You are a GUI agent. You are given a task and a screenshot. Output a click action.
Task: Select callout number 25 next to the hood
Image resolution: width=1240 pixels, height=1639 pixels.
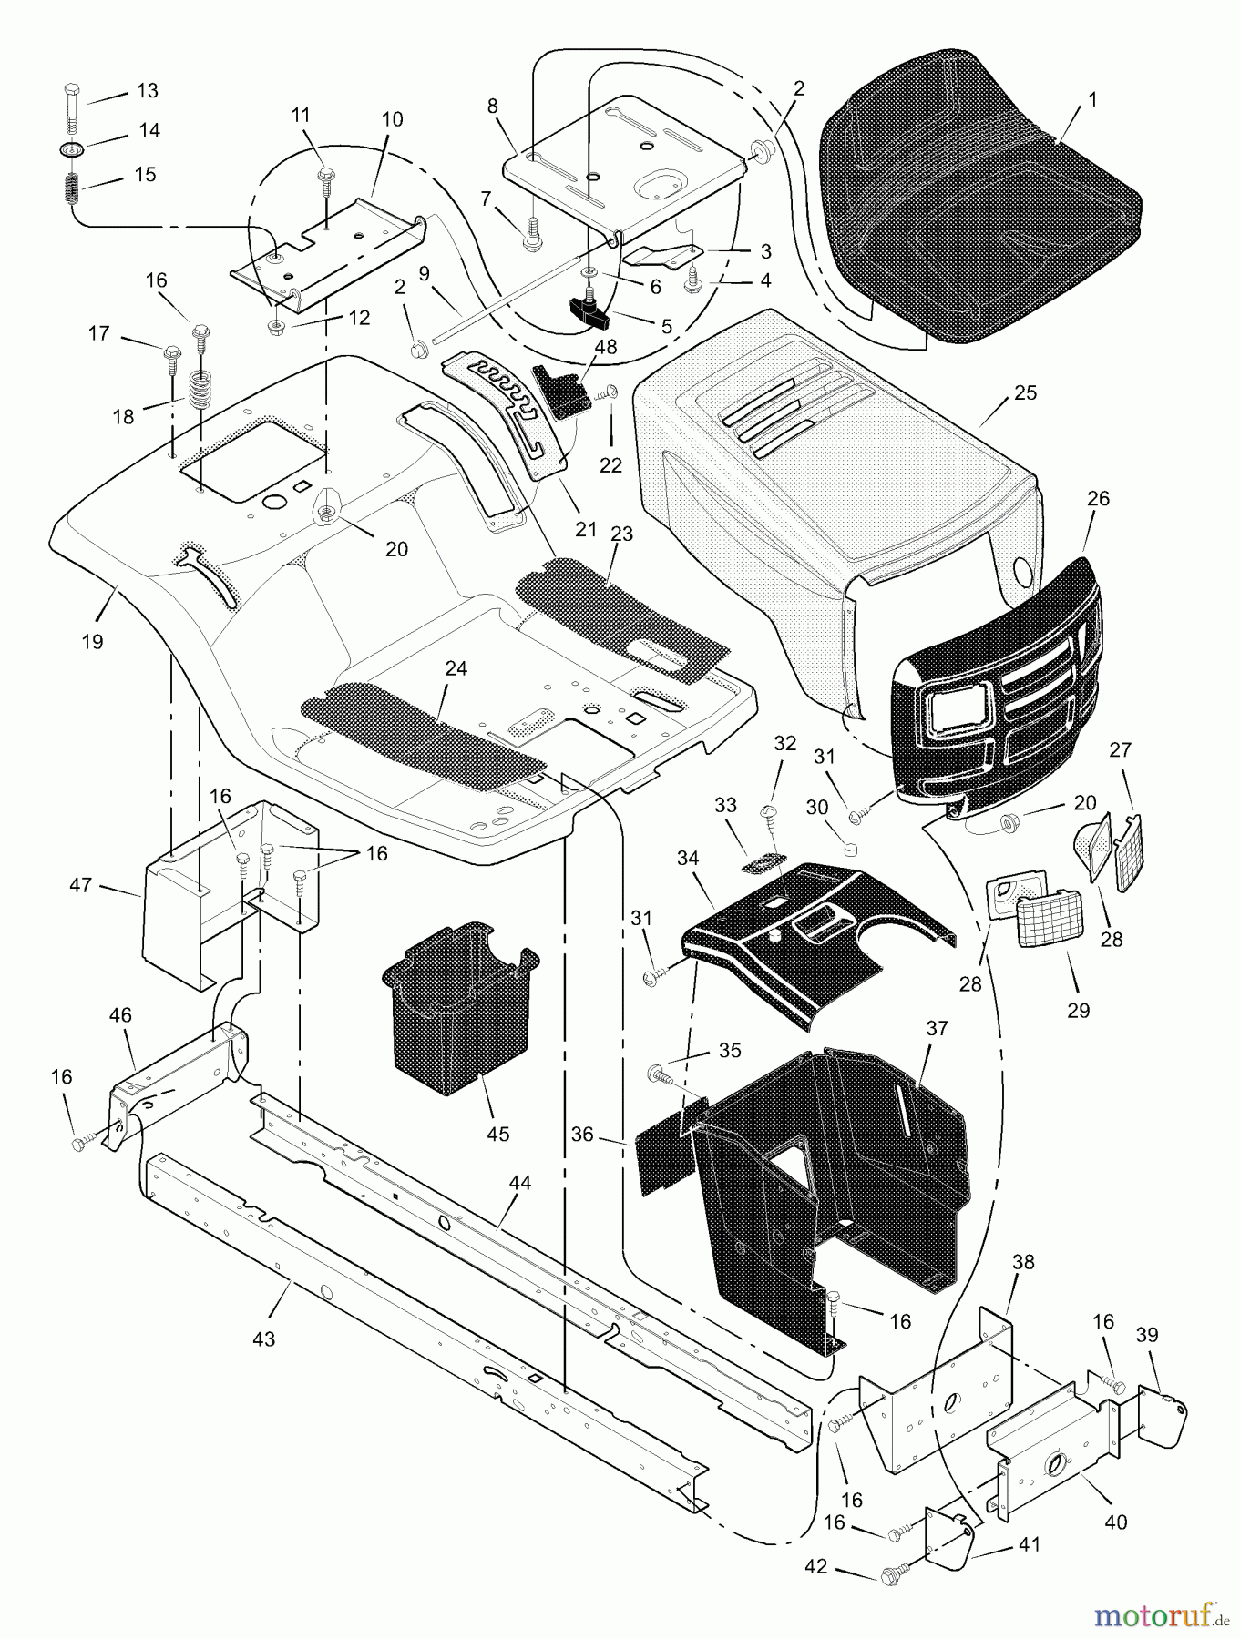[x=1025, y=393]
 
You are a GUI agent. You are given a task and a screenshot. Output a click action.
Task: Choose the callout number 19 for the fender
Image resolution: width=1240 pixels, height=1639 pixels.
[x=91, y=641]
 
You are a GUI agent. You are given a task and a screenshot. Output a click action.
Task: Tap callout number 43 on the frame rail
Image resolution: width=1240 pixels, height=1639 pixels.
[x=263, y=1339]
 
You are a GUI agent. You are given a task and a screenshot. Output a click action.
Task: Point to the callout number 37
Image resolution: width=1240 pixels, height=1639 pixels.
[x=938, y=1028]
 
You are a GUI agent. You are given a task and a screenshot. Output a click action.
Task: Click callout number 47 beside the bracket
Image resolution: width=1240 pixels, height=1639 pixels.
[x=81, y=883]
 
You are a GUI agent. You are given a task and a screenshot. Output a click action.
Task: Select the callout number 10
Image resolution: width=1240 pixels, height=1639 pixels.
[x=392, y=119]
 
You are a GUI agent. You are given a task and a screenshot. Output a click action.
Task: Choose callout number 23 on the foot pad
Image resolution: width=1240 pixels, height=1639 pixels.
[x=621, y=534]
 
